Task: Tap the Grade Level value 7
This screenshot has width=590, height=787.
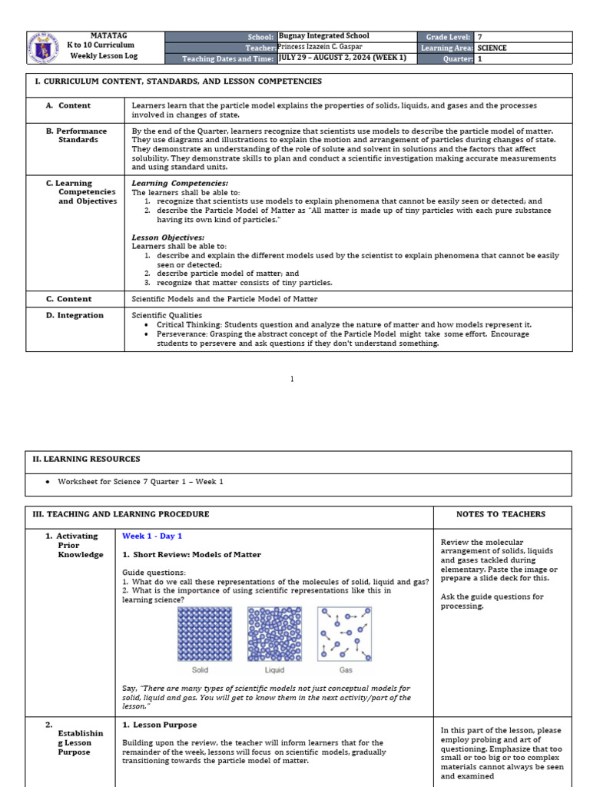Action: [x=480, y=36]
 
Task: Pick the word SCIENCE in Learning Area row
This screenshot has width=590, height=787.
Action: [x=492, y=48]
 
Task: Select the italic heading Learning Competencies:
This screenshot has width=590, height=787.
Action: [x=180, y=183]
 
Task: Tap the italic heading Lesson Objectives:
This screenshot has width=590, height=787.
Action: [x=168, y=237]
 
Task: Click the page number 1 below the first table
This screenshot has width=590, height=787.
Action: [x=292, y=379]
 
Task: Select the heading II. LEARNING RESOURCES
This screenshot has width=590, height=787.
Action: [x=86, y=459]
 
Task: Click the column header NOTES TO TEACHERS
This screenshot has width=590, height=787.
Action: [x=501, y=514]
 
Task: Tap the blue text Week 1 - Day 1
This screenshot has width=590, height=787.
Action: [x=152, y=536]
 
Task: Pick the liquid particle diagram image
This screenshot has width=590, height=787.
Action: [x=274, y=633]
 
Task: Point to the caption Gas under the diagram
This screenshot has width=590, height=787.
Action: [x=346, y=670]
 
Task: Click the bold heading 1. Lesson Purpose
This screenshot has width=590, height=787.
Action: [x=160, y=725]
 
